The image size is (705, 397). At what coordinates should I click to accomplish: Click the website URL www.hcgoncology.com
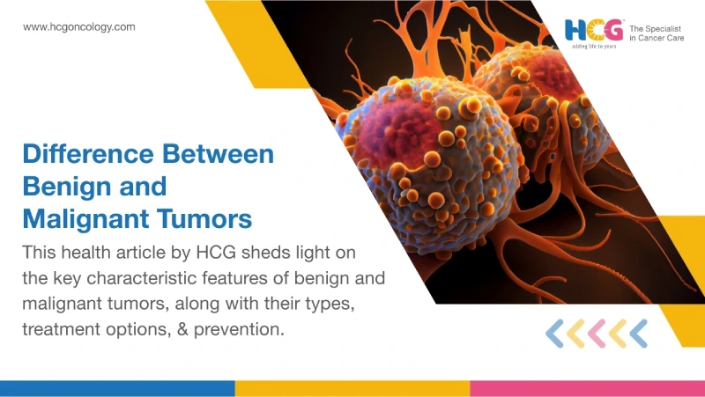pos(79,27)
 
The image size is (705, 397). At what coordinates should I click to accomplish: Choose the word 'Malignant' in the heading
pos(86,217)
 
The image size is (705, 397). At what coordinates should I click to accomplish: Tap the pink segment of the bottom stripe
pos(587,388)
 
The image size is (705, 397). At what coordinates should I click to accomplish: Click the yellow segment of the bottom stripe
pos(352,388)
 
